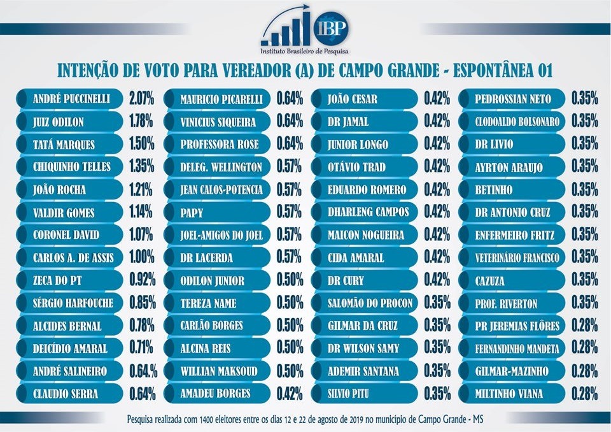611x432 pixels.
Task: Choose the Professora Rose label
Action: click(219, 144)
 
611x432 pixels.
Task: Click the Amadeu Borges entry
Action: click(215, 394)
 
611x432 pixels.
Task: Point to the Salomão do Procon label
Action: click(370, 303)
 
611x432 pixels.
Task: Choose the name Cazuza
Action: click(492, 280)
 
